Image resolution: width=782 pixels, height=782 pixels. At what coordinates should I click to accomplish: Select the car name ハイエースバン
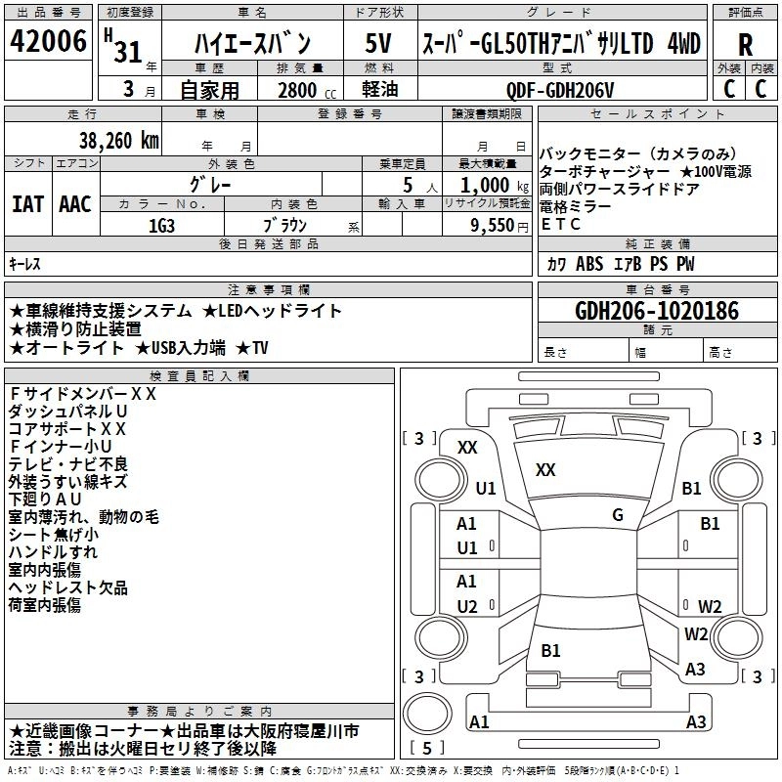(251, 43)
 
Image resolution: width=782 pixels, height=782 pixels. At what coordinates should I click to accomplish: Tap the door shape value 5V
(378, 43)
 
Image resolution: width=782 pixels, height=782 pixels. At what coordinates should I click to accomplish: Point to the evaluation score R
(745, 43)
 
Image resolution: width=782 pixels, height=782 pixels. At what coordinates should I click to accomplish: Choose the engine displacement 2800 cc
(300, 90)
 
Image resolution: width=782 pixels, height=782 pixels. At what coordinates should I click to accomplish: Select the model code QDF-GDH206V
(560, 90)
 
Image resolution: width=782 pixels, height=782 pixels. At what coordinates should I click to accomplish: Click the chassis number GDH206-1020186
(657, 311)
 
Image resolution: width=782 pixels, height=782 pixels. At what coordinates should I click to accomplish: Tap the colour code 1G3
(161, 224)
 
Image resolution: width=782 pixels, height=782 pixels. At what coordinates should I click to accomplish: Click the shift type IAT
(27, 204)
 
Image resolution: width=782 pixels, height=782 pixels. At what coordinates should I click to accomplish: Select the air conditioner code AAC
(75, 204)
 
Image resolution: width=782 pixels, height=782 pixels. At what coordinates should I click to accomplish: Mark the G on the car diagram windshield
(618, 514)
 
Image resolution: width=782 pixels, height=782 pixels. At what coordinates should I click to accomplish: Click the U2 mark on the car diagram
(467, 606)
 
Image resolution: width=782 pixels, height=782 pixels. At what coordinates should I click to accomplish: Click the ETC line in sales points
(561, 225)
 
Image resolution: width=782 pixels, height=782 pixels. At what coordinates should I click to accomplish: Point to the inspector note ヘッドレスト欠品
(67, 587)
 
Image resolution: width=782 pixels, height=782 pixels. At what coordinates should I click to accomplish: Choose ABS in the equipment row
(589, 264)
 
